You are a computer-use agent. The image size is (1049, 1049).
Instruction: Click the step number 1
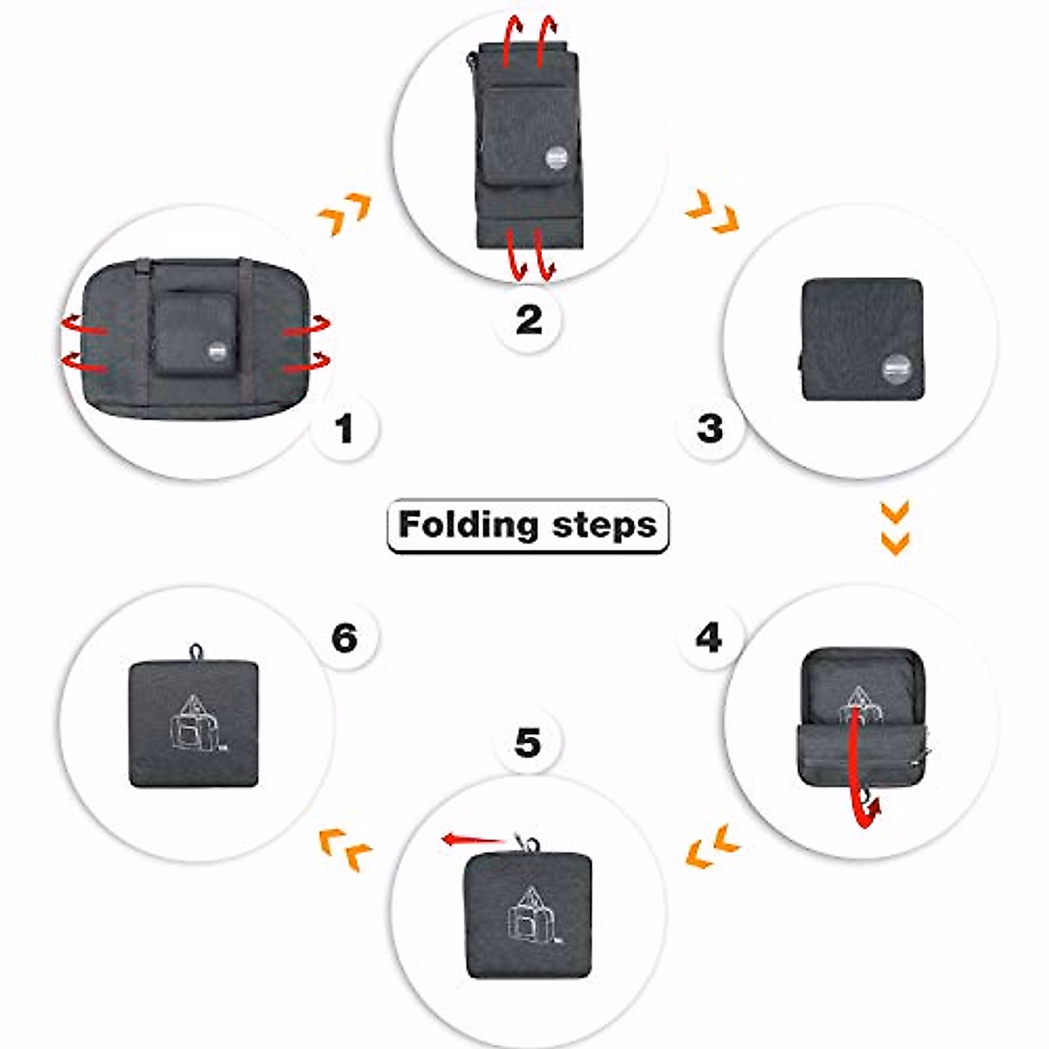point(345,429)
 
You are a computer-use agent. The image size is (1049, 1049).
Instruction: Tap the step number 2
point(529,320)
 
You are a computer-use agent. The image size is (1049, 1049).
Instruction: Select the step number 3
point(710,428)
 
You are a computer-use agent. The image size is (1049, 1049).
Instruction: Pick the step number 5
point(528,744)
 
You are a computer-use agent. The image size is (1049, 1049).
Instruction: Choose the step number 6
point(344,637)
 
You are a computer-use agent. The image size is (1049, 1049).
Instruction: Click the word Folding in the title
point(468,524)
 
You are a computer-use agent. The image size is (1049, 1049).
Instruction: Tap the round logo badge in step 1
point(217,351)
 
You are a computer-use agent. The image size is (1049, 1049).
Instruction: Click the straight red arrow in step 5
point(473,839)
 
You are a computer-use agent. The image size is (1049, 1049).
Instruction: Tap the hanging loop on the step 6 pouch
point(197,651)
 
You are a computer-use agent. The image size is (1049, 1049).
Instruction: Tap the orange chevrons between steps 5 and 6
point(346,848)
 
